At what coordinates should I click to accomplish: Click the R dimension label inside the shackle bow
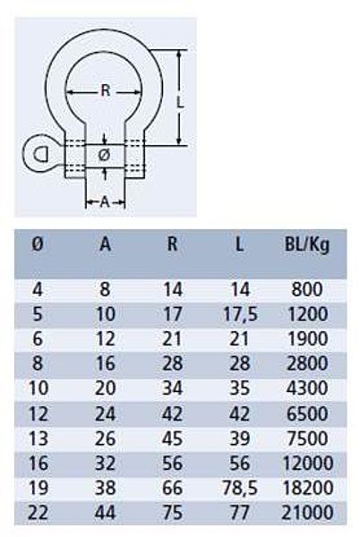106,90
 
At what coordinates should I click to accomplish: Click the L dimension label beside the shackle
180,102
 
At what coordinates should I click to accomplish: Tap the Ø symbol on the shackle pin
104,156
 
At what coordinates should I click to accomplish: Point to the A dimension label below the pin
105,202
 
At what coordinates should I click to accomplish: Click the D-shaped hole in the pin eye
41,154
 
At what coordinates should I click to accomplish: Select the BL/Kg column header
307,245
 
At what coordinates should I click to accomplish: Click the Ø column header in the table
38,244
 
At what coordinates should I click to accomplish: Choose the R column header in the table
172,244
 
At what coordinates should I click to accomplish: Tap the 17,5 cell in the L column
240,314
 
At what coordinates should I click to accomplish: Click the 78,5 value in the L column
240,488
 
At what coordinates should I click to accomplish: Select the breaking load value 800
307,289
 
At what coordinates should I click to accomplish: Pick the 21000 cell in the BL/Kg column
307,513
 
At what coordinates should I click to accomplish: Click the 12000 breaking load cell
307,463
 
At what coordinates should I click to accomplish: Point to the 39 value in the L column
240,439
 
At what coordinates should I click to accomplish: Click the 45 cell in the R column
172,439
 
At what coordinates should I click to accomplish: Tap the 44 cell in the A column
105,513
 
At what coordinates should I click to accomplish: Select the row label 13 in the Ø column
38,439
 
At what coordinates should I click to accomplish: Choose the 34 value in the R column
172,388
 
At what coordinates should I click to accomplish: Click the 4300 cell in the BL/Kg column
307,388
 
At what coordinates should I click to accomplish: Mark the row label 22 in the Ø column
38,513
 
